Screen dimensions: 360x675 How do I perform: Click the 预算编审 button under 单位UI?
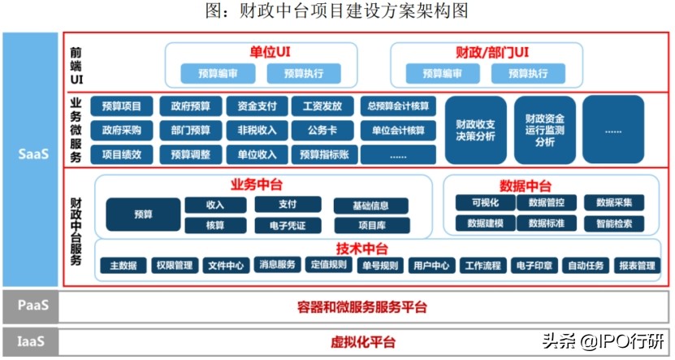pos(219,74)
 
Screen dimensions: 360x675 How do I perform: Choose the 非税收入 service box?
pos(257,130)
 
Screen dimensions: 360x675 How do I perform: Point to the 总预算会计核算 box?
pos(397,106)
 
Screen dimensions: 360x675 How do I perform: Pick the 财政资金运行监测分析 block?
pos(544,130)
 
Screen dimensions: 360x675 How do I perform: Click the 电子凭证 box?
pos(281,225)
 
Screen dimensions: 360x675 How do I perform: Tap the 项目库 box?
pos(370,225)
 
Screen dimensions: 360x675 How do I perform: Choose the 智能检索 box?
pos(620,223)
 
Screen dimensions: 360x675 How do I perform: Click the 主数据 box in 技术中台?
pos(123,265)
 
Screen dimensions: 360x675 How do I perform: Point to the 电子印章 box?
pos(534,265)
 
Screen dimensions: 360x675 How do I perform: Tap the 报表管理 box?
pos(636,265)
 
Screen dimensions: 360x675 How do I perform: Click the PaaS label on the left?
pos(33,306)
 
